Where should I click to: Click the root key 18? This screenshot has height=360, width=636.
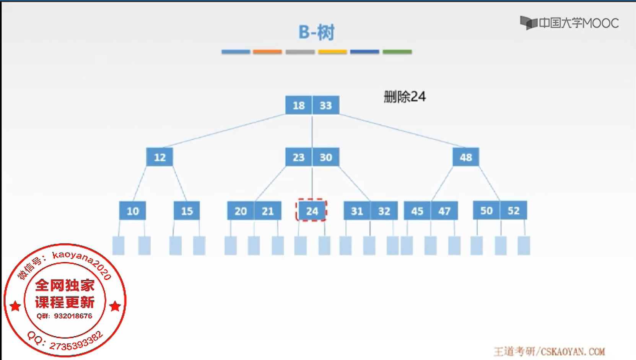(299, 105)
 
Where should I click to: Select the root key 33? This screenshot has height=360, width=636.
(326, 105)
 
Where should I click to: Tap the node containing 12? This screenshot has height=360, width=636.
(159, 157)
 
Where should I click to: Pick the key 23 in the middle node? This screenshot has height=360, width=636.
(299, 157)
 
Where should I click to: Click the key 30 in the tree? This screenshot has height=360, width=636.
(326, 157)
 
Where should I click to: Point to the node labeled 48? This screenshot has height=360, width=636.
(465, 157)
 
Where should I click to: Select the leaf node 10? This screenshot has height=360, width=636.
(132, 211)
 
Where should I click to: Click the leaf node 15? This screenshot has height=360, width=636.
(187, 211)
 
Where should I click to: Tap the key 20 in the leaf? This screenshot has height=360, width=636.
(241, 211)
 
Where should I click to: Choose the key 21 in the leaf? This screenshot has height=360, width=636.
(268, 211)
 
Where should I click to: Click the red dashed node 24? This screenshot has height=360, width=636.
(312, 210)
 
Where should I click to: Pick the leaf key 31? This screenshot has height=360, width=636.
(357, 211)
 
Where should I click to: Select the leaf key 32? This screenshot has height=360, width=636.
(384, 211)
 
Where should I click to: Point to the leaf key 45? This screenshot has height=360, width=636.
(417, 211)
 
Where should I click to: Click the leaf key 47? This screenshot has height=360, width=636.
(444, 211)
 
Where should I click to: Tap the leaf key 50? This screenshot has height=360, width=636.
(486, 210)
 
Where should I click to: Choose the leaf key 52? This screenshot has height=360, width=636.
(513, 210)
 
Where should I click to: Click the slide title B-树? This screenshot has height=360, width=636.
(316, 32)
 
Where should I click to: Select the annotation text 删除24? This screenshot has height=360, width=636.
(405, 96)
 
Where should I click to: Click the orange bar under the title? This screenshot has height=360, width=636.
(267, 52)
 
